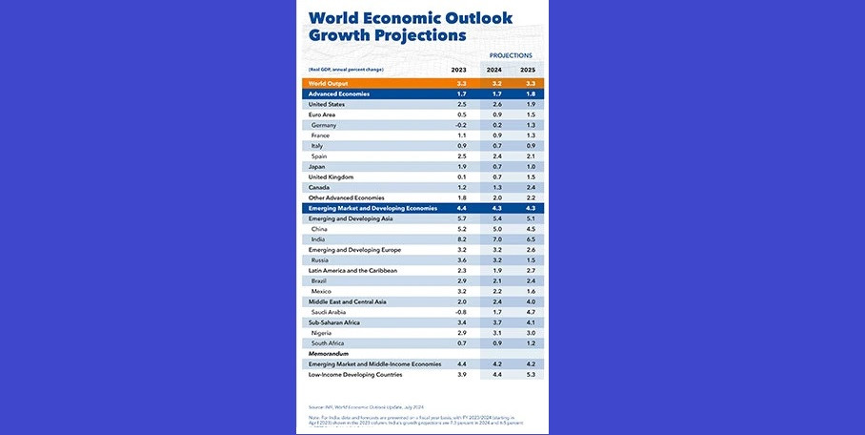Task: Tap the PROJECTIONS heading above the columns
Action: pyautogui.click(x=511, y=55)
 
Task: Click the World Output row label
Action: pyautogui.click(x=328, y=84)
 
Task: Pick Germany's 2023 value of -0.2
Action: pyautogui.click(x=460, y=125)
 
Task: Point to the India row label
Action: pyautogui.click(x=320, y=239)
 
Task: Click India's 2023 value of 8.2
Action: pyautogui.click(x=461, y=239)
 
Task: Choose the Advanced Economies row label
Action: pyautogui.click(x=338, y=94)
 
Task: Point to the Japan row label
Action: pyautogui.click(x=317, y=167)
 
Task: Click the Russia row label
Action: pyautogui.click(x=321, y=259)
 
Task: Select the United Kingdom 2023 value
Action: pyautogui.click(x=461, y=177)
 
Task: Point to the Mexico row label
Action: pyautogui.click(x=322, y=291)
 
